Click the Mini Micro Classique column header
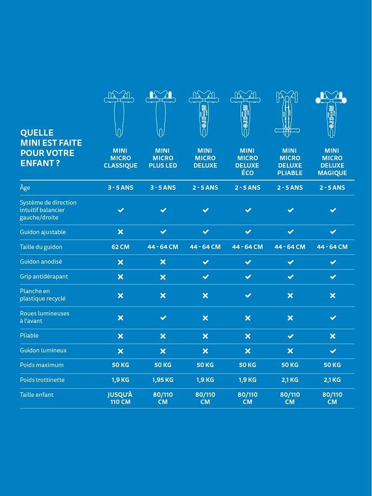pos(120,158)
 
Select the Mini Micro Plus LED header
pos(163,158)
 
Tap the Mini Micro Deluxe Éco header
pos(247,161)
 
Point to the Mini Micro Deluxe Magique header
pos(332,161)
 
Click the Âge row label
pos(25,188)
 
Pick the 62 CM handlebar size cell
pos(120,247)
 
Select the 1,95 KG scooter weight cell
pos(163,380)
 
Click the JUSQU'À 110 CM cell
pos(120,398)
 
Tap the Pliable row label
pos(29,335)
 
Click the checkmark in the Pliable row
pos(290,336)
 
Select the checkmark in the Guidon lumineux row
pos(332,351)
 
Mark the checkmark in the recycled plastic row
pos(248,295)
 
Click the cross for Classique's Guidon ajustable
pos(120,232)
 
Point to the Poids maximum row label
pos(42,365)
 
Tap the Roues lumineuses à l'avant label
pos(45,317)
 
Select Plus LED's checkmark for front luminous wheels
pos(163,318)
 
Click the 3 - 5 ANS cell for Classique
pos(120,188)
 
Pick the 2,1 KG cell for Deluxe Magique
pos(332,380)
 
